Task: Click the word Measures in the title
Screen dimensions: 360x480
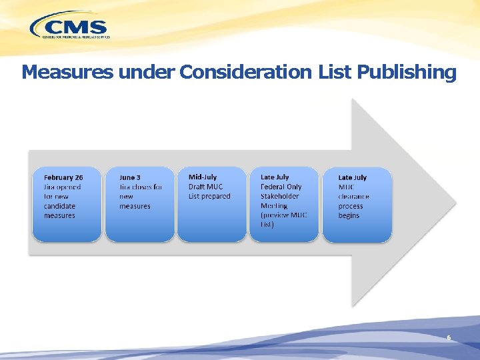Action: pos(67,72)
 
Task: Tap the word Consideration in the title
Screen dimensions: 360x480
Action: pos(244,72)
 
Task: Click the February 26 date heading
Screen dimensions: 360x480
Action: pos(63,177)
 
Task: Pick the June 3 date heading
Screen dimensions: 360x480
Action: pos(130,177)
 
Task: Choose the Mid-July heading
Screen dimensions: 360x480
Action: pos(203,177)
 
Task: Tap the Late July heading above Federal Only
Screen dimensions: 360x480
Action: pos(275,177)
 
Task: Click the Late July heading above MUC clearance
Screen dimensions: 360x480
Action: pos(352,177)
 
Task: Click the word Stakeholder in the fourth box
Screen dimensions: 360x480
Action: pos(280,197)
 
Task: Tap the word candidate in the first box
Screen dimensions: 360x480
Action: pos(59,206)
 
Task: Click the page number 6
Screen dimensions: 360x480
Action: pos(449,338)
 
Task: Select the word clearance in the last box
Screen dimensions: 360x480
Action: pos(353,197)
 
